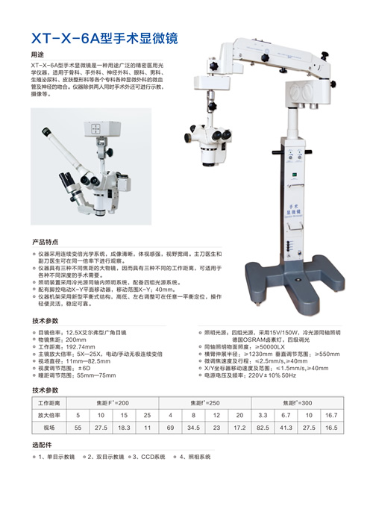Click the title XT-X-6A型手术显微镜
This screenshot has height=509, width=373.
[x=104, y=37]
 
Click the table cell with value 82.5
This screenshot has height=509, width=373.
[x=263, y=427]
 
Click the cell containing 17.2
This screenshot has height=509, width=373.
[x=239, y=427]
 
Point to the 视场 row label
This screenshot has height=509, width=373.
[x=49, y=427]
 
